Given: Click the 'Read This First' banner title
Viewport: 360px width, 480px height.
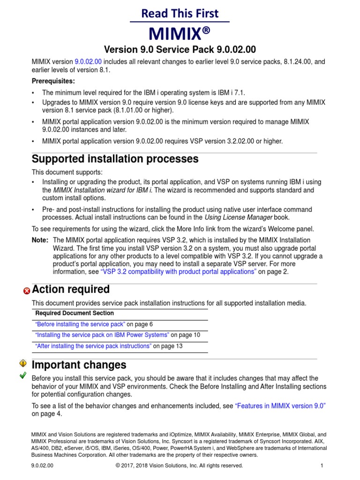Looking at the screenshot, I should coord(180,14).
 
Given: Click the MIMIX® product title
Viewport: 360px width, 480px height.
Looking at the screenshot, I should coord(180,33).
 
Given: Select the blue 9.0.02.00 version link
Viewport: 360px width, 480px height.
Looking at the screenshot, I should coord(88,61).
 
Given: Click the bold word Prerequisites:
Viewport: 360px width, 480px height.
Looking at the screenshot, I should coord(53,81).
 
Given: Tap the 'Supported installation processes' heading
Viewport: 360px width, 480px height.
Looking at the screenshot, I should coord(115,159).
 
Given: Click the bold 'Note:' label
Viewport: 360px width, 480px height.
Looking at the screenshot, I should coord(39,240).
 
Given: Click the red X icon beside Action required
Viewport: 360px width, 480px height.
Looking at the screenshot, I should coord(26,291).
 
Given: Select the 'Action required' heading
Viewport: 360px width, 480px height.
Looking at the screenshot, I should coord(70,289).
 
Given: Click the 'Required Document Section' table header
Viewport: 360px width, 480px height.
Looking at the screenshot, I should coord(75,313).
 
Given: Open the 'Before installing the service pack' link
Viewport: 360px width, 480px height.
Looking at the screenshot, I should coord(80,324).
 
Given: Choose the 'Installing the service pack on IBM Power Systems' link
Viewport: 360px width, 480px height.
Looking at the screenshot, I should coord(102,335).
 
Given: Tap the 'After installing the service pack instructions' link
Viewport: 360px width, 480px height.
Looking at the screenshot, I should coord(93,346).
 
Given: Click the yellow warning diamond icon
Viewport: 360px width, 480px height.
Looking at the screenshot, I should coord(23,363).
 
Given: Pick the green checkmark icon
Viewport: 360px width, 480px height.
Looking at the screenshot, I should coord(23,375).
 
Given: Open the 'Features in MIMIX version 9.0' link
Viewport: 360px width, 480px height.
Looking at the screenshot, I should coord(280,405).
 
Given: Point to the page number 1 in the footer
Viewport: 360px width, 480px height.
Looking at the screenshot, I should coord(322,465).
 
